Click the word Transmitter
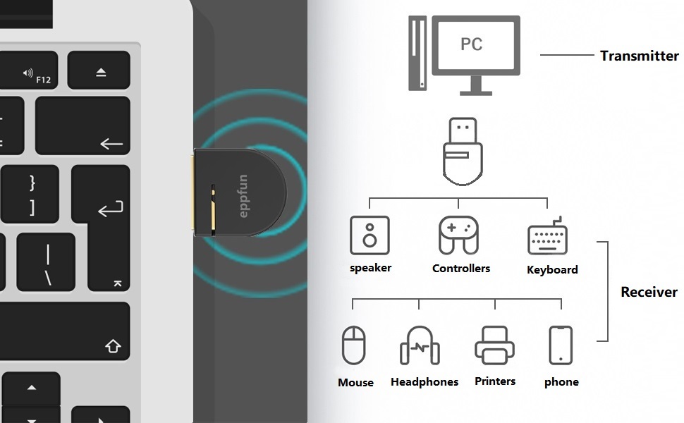(639, 56)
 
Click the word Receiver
(649, 292)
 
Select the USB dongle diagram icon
(463, 152)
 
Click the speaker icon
(370, 235)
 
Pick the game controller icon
(458, 235)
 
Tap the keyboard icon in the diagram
(548, 238)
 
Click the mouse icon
(354, 345)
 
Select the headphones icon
(420, 345)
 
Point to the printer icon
(494, 345)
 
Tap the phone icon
(561, 345)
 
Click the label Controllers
(461, 269)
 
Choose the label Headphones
(425, 382)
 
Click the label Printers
(495, 381)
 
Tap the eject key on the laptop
(100, 71)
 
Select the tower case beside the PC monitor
(418, 54)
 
